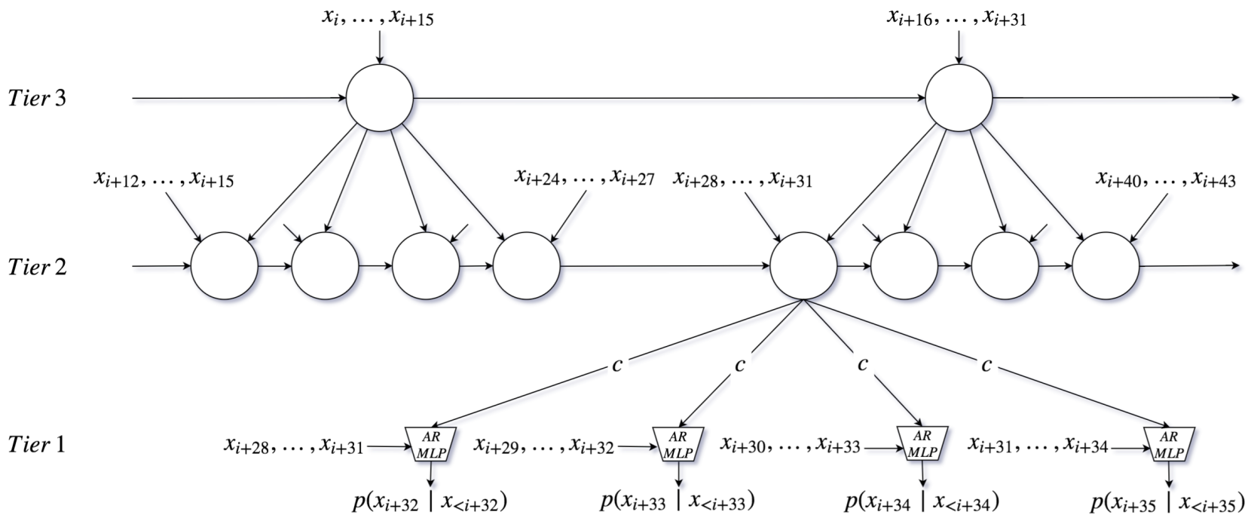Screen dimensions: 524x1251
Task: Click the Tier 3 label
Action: coord(37,98)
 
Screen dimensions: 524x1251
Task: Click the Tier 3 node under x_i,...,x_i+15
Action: coord(380,98)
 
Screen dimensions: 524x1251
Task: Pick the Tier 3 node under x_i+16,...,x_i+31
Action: coord(959,98)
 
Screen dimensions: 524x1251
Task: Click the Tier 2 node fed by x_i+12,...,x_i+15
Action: coord(225,266)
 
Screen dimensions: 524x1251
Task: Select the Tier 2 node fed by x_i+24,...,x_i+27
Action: coord(527,266)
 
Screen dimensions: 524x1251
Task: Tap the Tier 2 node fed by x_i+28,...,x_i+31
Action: coord(803,266)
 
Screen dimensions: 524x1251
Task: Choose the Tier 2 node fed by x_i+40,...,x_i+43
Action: coord(1106,266)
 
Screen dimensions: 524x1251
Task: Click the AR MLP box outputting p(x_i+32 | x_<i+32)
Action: coord(428,444)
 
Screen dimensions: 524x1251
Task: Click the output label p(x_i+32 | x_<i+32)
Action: coord(425,501)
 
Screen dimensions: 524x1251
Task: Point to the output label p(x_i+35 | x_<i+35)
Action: coord(1167,501)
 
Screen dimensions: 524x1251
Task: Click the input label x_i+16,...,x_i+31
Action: coord(956,18)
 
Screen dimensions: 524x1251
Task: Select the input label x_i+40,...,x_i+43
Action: coord(1165,179)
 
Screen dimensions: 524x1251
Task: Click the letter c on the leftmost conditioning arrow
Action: coord(617,365)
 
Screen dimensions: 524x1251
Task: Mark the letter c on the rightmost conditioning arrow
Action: coord(986,365)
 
